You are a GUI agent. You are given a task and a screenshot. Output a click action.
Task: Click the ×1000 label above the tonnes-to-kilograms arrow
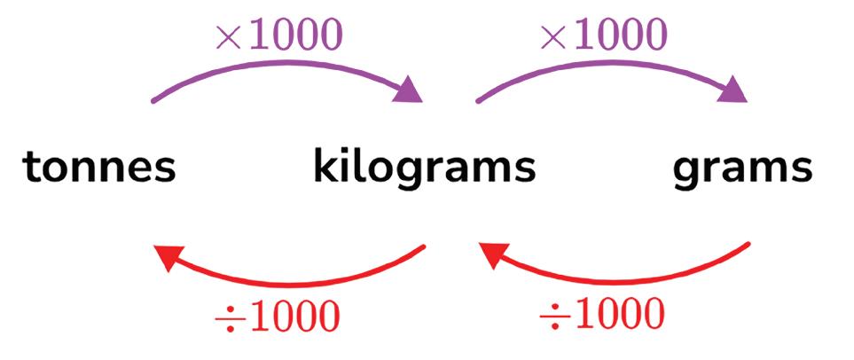(x=278, y=36)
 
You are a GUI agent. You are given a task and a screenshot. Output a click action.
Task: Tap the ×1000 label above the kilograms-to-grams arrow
(x=602, y=36)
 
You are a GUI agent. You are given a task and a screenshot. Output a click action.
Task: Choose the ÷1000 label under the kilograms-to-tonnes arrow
(x=277, y=317)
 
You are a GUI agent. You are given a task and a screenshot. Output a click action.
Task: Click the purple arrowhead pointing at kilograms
(x=409, y=90)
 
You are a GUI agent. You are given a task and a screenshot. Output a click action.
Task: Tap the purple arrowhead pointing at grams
(x=733, y=90)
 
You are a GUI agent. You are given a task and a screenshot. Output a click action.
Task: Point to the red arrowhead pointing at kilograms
(x=492, y=256)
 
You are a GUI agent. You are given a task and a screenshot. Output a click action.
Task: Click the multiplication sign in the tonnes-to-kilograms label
(x=227, y=37)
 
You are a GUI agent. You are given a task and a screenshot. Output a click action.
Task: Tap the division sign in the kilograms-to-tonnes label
(x=227, y=317)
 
